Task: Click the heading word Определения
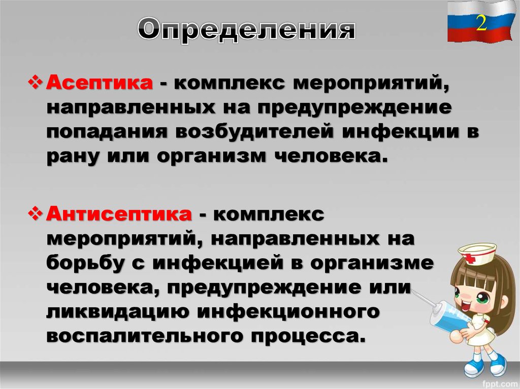(246, 30)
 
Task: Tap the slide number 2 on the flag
(481, 23)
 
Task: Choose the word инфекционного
(289, 311)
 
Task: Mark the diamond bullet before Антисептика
(37, 214)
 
